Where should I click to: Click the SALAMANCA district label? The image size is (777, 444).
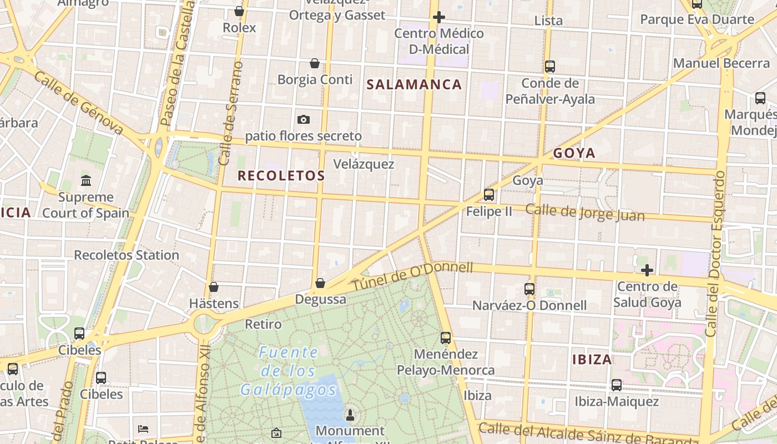414,84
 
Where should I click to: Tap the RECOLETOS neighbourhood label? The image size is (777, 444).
281,176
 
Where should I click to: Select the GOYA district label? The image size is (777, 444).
574,153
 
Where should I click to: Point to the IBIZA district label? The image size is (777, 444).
592,360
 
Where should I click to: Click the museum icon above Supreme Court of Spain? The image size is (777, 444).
86,180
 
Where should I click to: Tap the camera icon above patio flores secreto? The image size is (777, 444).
303,119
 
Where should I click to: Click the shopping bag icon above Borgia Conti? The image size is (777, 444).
315,63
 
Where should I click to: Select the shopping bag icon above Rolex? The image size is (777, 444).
239,11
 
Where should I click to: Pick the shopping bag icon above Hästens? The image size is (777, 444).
214,287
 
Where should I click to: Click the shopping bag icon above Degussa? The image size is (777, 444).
320,283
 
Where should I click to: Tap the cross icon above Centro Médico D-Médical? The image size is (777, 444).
439,17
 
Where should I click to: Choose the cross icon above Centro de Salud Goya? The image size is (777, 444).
647,270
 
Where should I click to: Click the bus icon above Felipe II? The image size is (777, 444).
489,195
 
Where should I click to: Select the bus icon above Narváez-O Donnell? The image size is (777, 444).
529,289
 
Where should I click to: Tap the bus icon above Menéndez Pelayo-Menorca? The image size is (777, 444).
446,337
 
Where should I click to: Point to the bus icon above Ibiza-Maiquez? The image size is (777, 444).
617,385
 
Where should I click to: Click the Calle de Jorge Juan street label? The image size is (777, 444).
584,213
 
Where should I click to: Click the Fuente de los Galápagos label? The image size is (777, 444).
289,371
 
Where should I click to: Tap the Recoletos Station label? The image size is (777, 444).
127,255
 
